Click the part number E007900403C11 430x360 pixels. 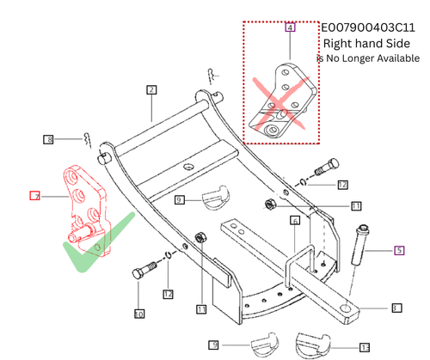coord(372,27)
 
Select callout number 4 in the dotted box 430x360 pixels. coord(290,28)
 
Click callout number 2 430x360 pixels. coord(150,89)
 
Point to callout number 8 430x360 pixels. coord(49,139)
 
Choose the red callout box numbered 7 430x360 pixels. coord(35,196)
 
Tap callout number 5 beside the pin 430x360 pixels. coord(399,251)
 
